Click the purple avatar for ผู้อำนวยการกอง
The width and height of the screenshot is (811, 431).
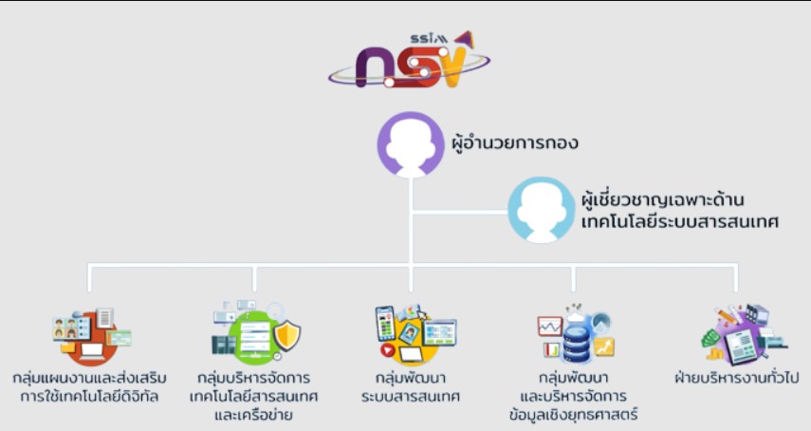point(410,146)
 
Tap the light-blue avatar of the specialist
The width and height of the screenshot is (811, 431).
point(541,210)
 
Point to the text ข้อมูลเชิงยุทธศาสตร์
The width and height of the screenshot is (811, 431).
point(573,415)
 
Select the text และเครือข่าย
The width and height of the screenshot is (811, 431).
point(253,415)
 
